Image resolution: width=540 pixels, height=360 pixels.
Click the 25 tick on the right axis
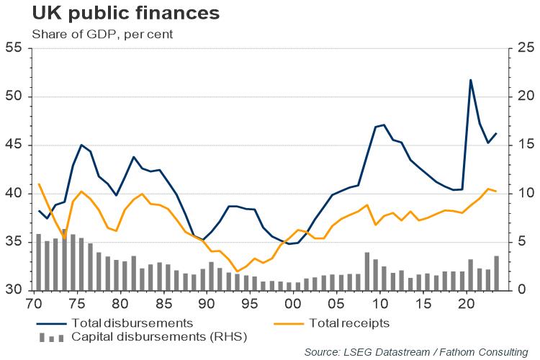[x=523, y=48]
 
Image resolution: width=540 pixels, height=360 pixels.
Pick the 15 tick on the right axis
[x=523, y=145]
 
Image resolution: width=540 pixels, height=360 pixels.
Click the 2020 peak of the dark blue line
[x=471, y=80]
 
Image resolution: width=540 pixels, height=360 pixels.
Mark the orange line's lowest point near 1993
[x=237, y=271]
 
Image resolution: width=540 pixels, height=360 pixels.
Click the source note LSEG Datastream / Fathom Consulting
[x=415, y=351]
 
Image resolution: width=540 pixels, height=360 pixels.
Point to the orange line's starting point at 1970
[x=39, y=184]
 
